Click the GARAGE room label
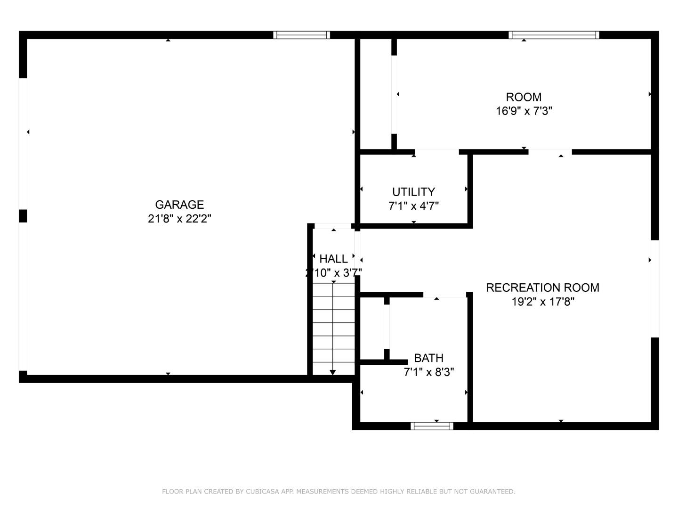[x=179, y=205]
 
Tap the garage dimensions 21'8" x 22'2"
[x=179, y=219]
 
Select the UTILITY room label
[x=413, y=192]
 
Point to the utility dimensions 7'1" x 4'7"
[x=413, y=206]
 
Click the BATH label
[x=428, y=358]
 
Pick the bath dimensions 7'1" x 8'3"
[x=428, y=372]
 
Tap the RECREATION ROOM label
[x=542, y=287]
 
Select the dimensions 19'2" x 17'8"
[x=542, y=302]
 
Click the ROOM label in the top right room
[x=524, y=97]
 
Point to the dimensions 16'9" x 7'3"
[x=524, y=111]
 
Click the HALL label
[x=333, y=259]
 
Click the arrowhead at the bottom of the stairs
[x=333, y=372]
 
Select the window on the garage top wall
[x=301, y=35]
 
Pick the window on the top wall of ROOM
[x=554, y=35]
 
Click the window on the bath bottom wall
[x=432, y=426]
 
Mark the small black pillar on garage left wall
[x=23, y=216]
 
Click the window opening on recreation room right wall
[x=655, y=289]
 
